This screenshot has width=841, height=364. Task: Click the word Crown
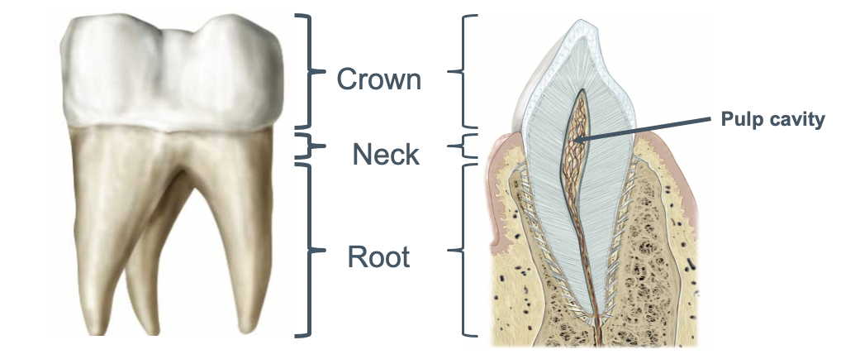[x=378, y=79]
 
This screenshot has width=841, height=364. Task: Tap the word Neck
[x=386, y=154]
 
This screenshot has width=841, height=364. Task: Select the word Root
[x=378, y=256]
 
